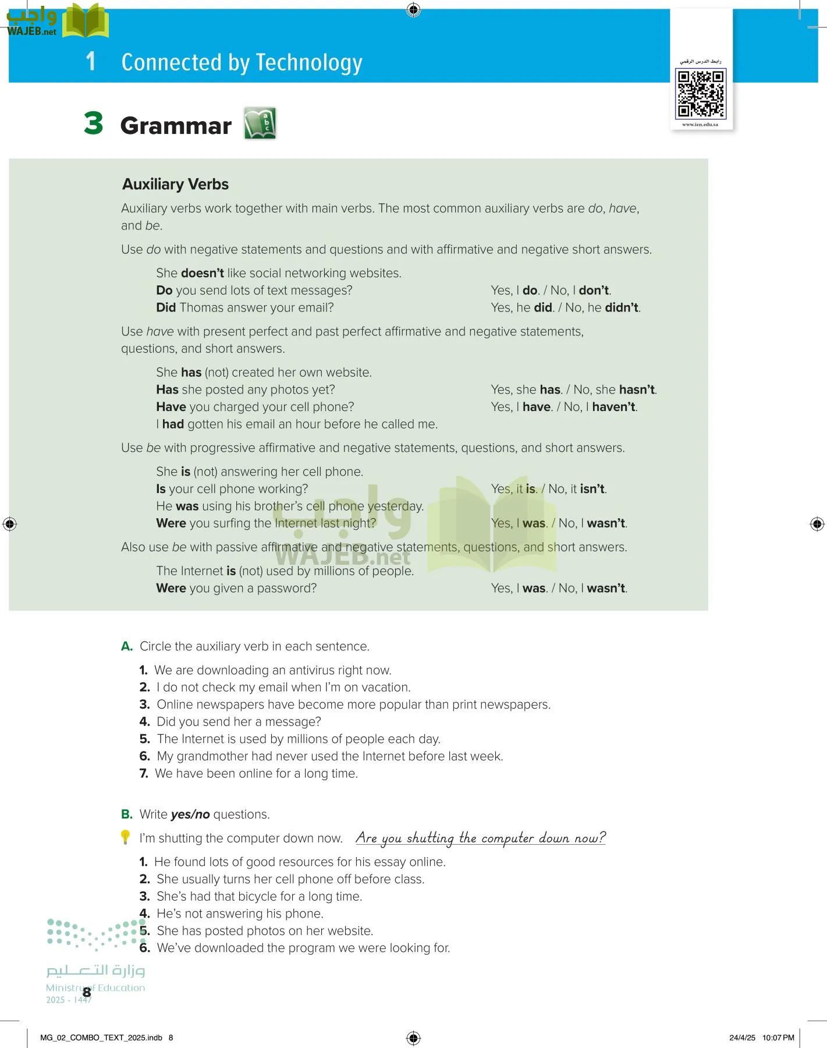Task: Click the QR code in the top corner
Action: (x=700, y=93)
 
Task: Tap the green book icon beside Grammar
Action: (x=260, y=123)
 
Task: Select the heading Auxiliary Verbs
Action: (x=175, y=185)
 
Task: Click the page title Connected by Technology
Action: (x=242, y=62)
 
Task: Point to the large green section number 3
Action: (x=93, y=123)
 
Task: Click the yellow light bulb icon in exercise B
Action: (x=125, y=837)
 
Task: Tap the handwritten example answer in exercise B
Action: (x=480, y=838)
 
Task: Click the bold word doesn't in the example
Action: (x=203, y=273)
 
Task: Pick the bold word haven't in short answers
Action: (x=613, y=407)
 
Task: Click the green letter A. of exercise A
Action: (x=127, y=646)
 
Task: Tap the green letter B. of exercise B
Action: (x=127, y=815)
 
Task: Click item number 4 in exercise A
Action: (x=144, y=722)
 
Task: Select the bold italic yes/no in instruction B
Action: (x=190, y=815)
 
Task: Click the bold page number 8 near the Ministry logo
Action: (x=87, y=992)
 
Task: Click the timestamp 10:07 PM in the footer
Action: (x=778, y=1038)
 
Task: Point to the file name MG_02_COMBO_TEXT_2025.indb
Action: (x=101, y=1038)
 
